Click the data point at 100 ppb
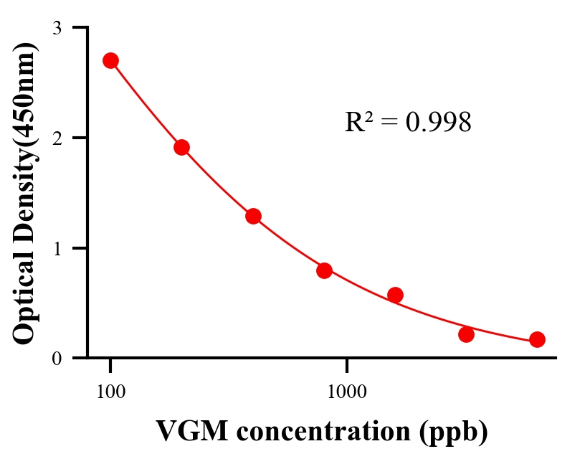[x=110, y=60]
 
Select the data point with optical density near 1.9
[x=181, y=147]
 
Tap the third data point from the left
[x=253, y=216]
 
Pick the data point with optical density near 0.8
[x=324, y=270]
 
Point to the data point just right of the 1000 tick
[x=395, y=295]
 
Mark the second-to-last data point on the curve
[x=466, y=334]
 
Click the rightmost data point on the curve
[x=537, y=339]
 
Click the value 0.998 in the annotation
[x=438, y=123]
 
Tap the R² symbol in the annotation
[x=358, y=123]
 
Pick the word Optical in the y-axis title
[x=24, y=301]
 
